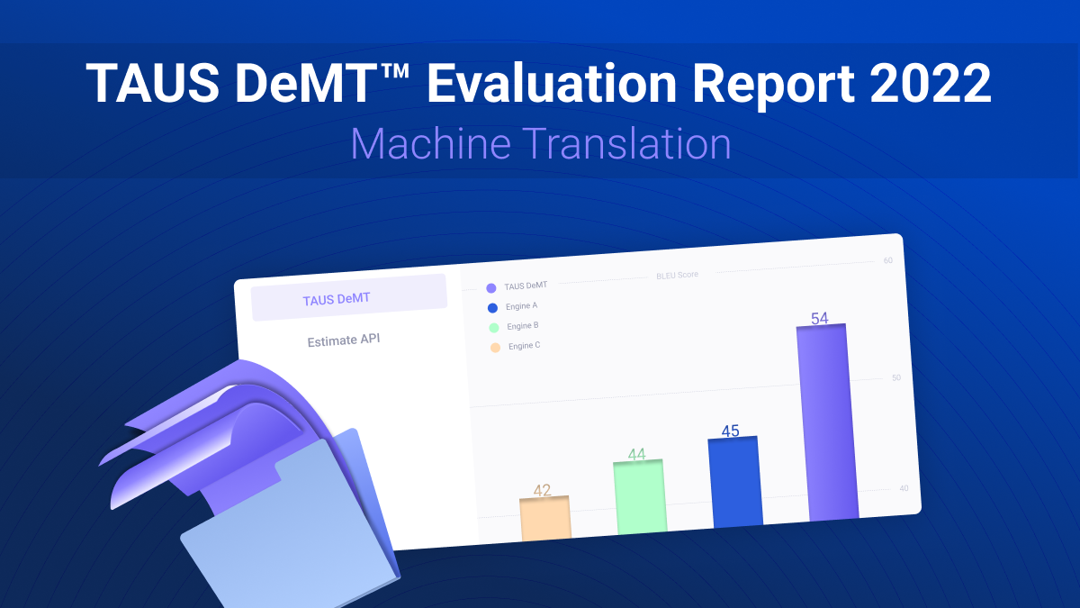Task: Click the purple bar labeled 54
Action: click(827, 422)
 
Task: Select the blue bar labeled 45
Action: click(735, 482)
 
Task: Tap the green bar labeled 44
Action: click(640, 497)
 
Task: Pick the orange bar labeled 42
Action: click(545, 518)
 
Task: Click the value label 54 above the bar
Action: click(820, 319)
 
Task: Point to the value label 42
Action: click(542, 490)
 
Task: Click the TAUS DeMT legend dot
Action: click(491, 288)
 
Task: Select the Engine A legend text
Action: click(521, 306)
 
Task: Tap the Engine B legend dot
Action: click(494, 328)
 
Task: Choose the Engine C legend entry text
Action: click(524, 346)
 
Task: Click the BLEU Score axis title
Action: click(677, 275)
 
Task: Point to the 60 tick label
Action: click(888, 260)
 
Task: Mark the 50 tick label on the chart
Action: click(896, 377)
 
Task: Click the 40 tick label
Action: click(904, 488)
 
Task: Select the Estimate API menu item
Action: click(344, 340)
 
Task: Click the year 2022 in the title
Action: click(931, 83)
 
